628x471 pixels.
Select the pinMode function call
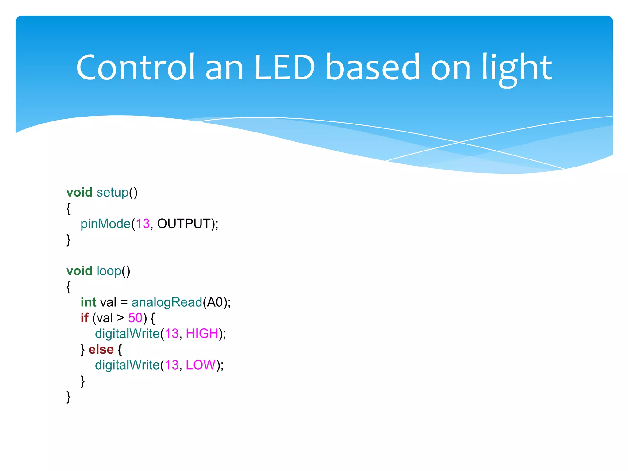pyautogui.click(x=105, y=224)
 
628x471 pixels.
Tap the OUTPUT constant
pyautogui.click(x=184, y=224)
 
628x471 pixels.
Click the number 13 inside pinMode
pyautogui.click(x=143, y=224)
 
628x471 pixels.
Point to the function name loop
pyautogui.click(x=109, y=271)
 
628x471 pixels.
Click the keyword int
pyautogui.click(x=88, y=302)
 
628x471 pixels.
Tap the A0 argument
pyautogui.click(x=215, y=302)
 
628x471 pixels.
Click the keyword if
pyautogui.click(x=84, y=318)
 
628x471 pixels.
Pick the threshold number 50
pyautogui.click(x=135, y=318)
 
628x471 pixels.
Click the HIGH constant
pyautogui.click(x=202, y=333)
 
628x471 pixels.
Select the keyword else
pyautogui.click(x=101, y=349)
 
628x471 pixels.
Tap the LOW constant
pyautogui.click(x=201, y=365)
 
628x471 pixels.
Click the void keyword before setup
pyautogui.click(x=79, y=192)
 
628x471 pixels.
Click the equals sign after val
pyautogui.click(x=124, y=302)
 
